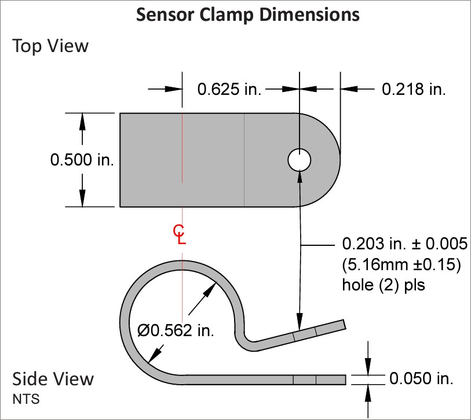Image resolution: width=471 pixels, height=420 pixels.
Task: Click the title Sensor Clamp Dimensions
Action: click(x=248, y=14)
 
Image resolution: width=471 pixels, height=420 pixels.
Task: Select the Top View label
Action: click(x=50, y=46)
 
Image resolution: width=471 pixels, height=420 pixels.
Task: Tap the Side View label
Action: click(x=53, y=379)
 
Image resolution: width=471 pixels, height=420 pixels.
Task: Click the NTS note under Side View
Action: click(x=26, y=399)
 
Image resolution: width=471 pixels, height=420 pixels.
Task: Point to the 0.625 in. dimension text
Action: click(x=229, y=90)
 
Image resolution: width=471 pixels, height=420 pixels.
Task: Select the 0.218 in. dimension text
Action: click(x=414, y=90)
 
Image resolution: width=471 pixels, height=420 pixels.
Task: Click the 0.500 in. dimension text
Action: click(x=82, y=160)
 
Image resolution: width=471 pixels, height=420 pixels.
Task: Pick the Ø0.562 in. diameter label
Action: click(x=176, y=330)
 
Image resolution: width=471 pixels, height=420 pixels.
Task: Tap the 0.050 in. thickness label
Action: click(x=421, y=378)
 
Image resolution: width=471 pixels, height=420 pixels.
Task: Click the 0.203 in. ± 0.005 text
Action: click(x=405, y=244)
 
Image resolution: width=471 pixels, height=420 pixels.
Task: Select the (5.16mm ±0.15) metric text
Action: click(x=401, y=264)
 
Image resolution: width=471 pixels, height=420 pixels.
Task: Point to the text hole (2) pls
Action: click(x=384, y=285)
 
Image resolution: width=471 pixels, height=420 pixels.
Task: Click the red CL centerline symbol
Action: click(x=180, y=235)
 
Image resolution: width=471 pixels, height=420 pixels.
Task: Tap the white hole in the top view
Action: click(x=299, y=160)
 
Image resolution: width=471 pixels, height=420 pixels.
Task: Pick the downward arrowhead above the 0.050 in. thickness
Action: click(x=368, y=367)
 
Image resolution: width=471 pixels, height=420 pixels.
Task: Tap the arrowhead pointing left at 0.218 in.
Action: click(x=349, y=89)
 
